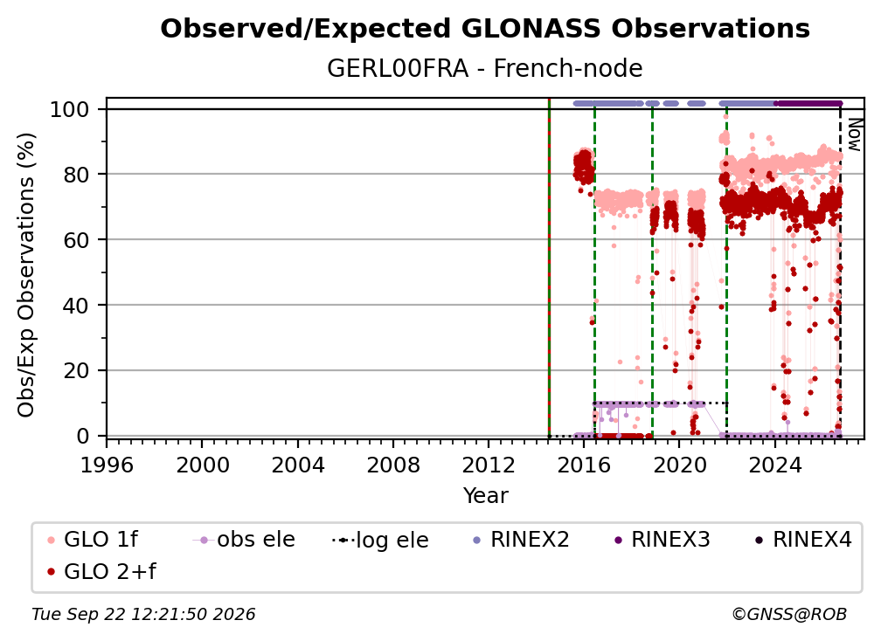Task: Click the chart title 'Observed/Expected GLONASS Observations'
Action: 485,29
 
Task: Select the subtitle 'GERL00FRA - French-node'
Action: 485,68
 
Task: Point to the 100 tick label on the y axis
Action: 70,109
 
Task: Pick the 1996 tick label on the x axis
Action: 107,465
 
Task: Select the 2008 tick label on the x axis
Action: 392,465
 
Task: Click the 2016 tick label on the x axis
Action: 584,465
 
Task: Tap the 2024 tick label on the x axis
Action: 774,465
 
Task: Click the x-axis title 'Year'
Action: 485,496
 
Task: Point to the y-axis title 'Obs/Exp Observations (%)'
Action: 26,275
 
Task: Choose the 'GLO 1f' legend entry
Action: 93,540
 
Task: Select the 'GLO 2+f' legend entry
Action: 101,572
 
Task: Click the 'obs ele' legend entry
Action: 244,540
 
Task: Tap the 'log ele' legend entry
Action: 380,541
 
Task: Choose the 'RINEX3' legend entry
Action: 662,540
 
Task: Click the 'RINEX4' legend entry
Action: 803,540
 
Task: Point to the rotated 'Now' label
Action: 854,134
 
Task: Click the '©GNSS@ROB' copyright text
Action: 789,615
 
